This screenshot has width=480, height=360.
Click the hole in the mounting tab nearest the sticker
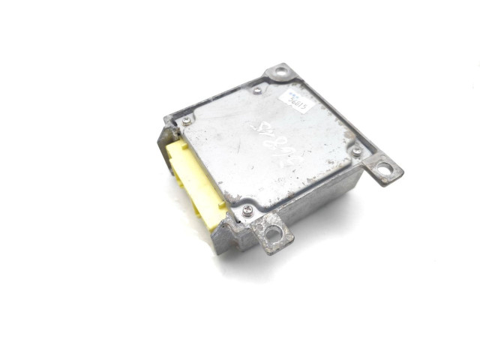[281, 73]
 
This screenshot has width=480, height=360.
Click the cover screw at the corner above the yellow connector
[186, 120]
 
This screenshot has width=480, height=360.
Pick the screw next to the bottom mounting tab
[247, 210]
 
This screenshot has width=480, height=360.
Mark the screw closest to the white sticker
[257, 91]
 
